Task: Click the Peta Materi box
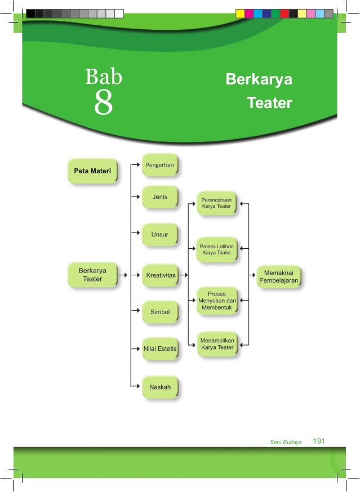coord(92,170)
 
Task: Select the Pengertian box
coord(160,165)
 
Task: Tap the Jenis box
coord(160,198)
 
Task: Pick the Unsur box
coord(160,234)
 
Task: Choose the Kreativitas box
coord(161,275)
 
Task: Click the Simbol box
coord(160,312)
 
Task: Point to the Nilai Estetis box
coord(160,349)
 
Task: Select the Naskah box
coord(160,387)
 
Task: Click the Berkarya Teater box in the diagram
coord(93,275)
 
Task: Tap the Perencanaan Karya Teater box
coord(217,203)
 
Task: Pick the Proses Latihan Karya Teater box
coord(217,249)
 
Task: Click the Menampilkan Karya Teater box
coord(217,344)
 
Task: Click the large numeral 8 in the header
coord(103,103)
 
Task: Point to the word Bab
coord(103,76)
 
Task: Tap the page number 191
coord(319,441)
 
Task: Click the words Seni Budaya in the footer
coord(286,442)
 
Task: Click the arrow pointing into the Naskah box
coord(136,386)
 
